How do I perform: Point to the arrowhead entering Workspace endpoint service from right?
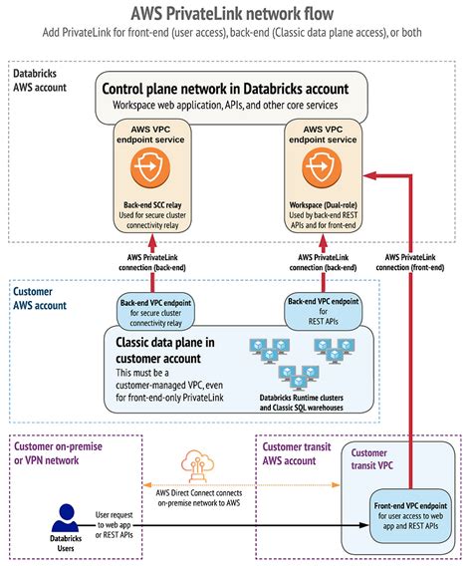[367, 175]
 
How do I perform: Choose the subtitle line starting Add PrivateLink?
[236, 33]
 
